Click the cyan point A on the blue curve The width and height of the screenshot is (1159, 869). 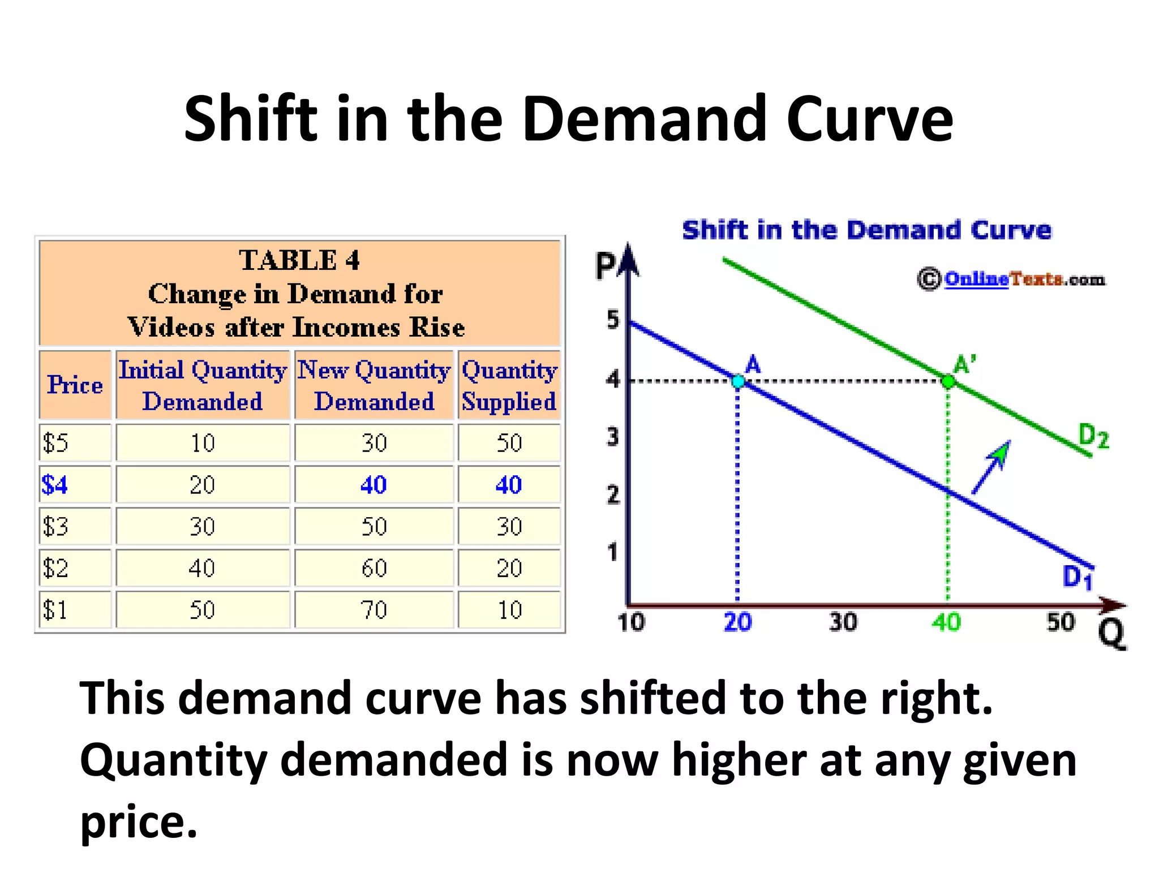click(738, 381)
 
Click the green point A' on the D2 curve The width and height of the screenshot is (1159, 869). click(948, 381)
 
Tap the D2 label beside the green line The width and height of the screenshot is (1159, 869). click(1093, 436)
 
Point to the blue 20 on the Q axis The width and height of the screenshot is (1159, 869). click(737, 622)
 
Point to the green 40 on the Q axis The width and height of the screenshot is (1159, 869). click(946, 622)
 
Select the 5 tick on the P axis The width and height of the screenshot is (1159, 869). click(613, 320)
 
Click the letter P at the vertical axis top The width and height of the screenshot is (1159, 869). click(606, 266)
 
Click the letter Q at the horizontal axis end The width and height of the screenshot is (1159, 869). click(1111, 634)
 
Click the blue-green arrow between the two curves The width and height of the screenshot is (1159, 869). click(990, 467)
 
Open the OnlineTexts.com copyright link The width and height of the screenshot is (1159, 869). click(1024, 279)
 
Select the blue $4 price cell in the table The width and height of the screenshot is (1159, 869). click(55, 485)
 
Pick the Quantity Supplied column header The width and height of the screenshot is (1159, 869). click(509, 385)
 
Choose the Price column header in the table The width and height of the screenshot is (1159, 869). click(75, 385)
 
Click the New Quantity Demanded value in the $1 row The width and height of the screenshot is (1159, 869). click(374, 610)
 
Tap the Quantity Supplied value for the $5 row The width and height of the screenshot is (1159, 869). click(509, 443)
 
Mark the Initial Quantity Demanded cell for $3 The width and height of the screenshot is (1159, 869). click(202, 527)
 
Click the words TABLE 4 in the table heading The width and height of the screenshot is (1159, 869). click(299, 260)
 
